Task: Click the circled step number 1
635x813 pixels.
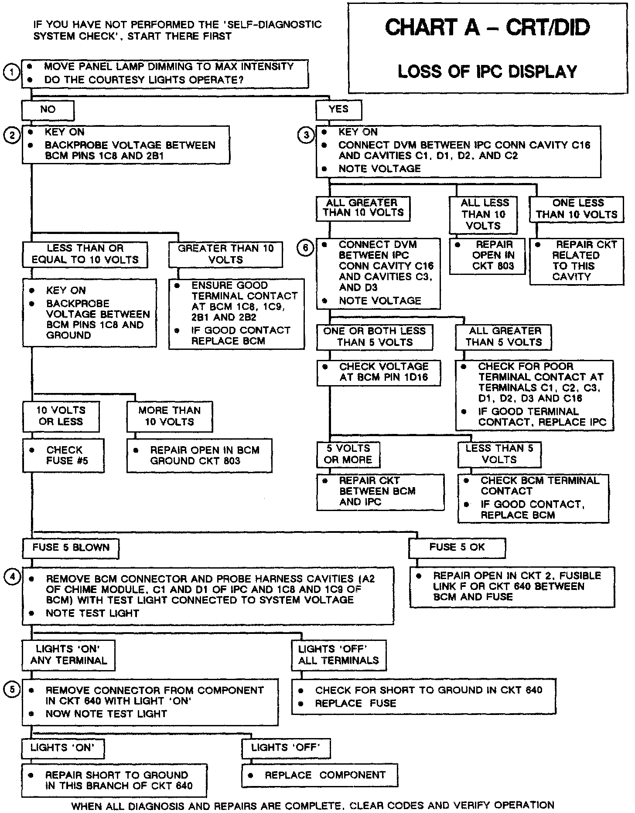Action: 11,73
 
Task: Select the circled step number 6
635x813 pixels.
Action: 306,248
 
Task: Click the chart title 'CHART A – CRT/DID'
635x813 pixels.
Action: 487,27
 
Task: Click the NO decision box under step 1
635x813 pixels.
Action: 48,110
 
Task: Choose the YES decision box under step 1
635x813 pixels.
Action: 339,110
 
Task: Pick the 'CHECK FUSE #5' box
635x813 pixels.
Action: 63,455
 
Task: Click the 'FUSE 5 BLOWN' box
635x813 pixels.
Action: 70,548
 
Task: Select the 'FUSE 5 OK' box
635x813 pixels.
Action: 457,548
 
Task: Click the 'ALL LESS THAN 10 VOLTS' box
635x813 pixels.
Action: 483,214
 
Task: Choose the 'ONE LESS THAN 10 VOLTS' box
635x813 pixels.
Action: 577,209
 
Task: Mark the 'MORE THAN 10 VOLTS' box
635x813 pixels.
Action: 169,416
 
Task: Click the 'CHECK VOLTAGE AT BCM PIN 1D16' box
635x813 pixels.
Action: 379,372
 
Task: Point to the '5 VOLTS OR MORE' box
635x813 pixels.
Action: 348,454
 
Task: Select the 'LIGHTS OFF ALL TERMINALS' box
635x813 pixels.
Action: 339,655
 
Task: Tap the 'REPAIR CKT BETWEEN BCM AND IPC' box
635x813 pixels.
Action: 380,491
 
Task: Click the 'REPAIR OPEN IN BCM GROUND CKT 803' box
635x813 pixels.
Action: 199,455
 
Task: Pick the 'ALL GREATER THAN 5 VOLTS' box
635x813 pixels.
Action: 503,337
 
